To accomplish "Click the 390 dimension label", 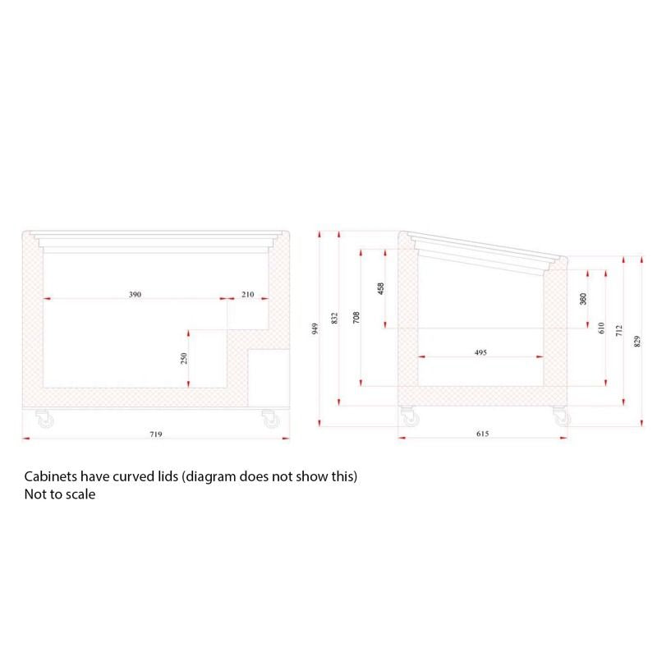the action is (x=135, y=295).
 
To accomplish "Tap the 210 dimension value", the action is (x=248, y=295).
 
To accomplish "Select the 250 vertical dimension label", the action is (x=183, y=359).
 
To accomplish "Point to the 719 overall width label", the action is (x=156, y=434).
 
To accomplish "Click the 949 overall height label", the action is (x=315, y=328).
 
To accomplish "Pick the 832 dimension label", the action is (x=334, y=318).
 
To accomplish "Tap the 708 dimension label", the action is (x=356, y=317).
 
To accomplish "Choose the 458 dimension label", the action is (x=380, y=288).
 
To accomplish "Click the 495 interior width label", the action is (x=480, y=352).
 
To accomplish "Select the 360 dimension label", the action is (x=583, y=299).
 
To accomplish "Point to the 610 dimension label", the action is (x=602, y=328).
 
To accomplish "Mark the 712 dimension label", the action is (x=619, y=331).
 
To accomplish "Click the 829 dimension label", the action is (x=637, y=342).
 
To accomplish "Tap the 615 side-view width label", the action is (x=483, y=434).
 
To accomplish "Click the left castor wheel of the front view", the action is (x=45, y=419).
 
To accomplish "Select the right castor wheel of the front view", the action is (x=271, y=419).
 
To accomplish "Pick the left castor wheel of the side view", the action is (x=410, y=416).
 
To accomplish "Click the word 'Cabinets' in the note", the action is (x=51, y=476).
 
